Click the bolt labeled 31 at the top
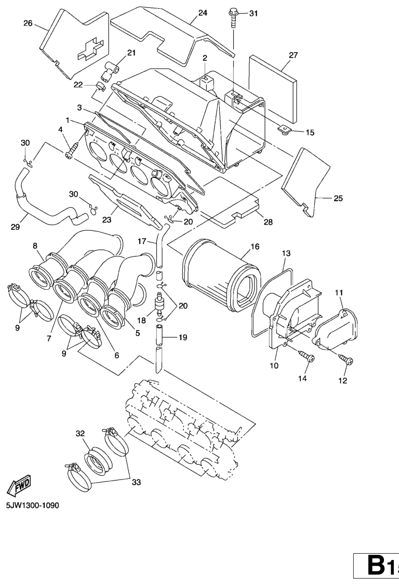[x=234, y=17]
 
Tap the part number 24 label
[x=203, y=13]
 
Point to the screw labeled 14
[x=306, y=356]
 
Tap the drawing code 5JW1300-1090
[x=32, y=505]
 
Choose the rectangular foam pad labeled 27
[x=273, y=89]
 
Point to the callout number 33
[x=136, y=482]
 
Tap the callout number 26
[x=28, y=23]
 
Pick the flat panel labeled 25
[x=306, y=181]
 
